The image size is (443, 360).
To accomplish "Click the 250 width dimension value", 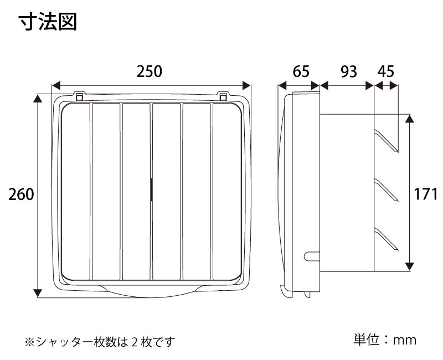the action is click(x=149, y=71).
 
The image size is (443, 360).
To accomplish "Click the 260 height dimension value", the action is click(x=21, y=194).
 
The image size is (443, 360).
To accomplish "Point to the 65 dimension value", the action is click(x=301, y=71).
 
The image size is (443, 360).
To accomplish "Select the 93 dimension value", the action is click(x=349, y=71).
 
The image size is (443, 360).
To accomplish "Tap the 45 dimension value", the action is click(x=385, y=71).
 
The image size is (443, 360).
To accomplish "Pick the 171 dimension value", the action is click(x=426, y=194).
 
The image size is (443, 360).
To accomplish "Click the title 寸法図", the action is click(x=48, y=22).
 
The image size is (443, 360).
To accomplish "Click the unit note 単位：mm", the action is click(x=385, y=340).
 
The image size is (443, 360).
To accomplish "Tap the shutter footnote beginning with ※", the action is click(x=100, y=342).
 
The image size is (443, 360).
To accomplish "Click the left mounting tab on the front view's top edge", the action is click(x=79, y=96).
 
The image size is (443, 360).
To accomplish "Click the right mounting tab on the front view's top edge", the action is click(x=223, y=96).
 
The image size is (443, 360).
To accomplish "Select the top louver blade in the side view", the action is click(x=386, y=141).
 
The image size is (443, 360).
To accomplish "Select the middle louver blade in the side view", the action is click(x=386, y=190).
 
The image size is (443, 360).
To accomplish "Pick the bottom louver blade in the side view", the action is click(x=386, y=239).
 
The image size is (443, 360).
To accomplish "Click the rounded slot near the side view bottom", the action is click(x=312, y=256).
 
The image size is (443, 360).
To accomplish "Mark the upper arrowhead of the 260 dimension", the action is click(x=38, y=99).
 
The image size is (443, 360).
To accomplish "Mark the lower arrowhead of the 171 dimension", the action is click(x=409, y=266).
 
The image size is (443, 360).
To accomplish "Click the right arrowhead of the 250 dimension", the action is click(x=246, y=85).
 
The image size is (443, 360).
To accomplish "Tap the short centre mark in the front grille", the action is click(x=152, y=189).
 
